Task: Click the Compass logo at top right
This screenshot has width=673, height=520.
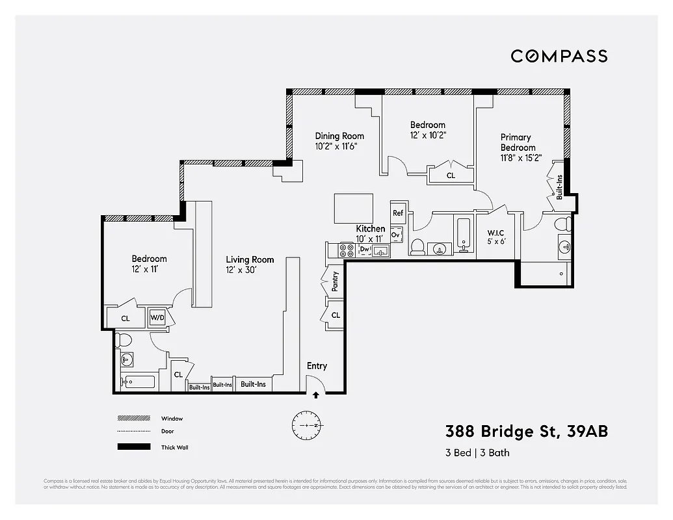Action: (x=559, y=56)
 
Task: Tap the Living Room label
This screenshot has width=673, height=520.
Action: (x=250, y=259)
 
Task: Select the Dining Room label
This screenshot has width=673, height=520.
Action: (x=339, y=136)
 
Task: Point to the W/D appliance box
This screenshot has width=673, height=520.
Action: (x=157, y=317)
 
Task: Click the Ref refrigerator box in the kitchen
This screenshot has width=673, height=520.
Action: (x=398, y=213)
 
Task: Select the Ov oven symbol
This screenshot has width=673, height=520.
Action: (x=395, y=235)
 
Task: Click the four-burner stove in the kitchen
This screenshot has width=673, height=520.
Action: (x=346, y=250)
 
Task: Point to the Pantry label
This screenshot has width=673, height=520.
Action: (x=335, y=281)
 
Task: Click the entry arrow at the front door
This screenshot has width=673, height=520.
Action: (x=316, y=394)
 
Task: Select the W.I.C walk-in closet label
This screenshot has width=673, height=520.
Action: (x=496, y=233)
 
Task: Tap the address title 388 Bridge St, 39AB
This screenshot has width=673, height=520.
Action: (x=526, y=431)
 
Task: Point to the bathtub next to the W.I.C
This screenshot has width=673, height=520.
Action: (x=464, y=235)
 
